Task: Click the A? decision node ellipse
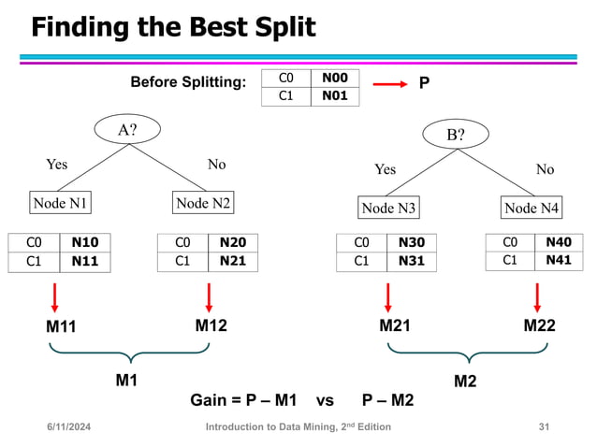pos(126,131)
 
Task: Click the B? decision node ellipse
pos(456,135)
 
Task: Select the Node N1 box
pos(62,203)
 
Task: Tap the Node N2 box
pos(203,203)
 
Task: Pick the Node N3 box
pos(389,208)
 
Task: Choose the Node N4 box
pos(531,208)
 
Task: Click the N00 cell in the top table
pos(334,79)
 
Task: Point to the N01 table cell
pos(334,95)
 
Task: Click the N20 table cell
pos(232,243)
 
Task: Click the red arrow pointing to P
pos(390,85)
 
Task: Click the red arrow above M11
pos(55,297)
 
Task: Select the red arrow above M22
pos(536,297)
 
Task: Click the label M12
pos(211,326)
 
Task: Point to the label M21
pos(395,326)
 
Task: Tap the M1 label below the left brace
pos(127,380)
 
